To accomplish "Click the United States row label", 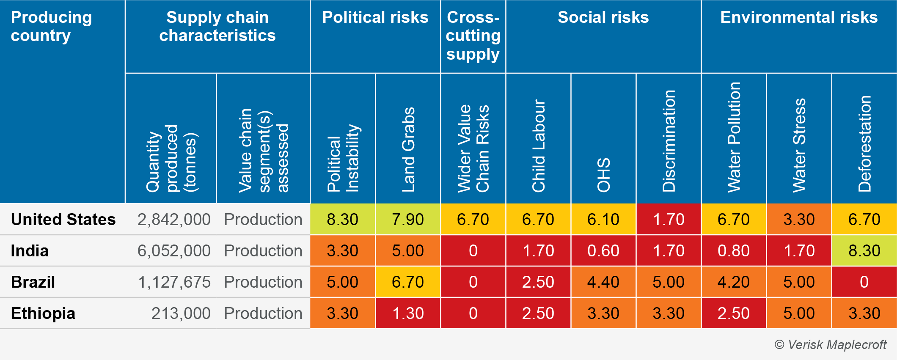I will click(x=63, y=220).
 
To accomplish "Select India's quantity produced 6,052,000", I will click(x=174, y=251).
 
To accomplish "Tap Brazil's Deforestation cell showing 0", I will click(x=864, y=282).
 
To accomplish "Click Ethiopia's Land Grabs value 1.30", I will click(x=408, y=313).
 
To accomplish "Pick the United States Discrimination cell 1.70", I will click(x=669, y=220).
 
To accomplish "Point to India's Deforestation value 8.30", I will click(x=864, y=251).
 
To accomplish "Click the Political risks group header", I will click(x=375, y=18).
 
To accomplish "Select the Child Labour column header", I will click(x=538, y=146).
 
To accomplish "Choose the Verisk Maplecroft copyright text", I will click(x=830, y=345).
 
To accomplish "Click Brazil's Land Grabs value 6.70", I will click(x=408, y=282).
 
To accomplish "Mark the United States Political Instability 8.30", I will click(x=343, y=220).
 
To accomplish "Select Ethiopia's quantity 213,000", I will click(x=181, y=313).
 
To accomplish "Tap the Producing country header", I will click(x=51, y=26).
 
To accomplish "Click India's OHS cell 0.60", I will click(x=603, y=251).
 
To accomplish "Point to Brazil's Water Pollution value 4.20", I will click(x=734, y=282).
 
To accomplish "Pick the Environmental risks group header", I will click(x=799, y=18).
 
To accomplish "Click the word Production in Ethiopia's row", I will click(x=263, y=313).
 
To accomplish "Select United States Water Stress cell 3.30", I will click(x=799, y=220).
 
